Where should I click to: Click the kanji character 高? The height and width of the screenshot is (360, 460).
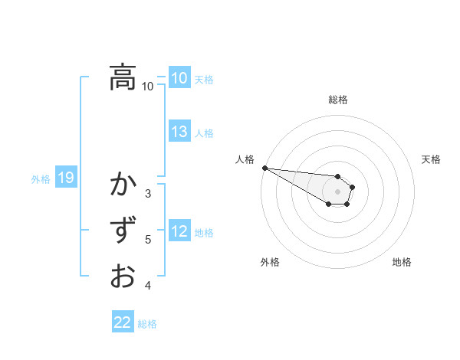click(123, 77)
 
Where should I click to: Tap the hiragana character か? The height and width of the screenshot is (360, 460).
click(123, 185)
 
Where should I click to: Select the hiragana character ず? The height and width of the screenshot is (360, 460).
click(123, 230)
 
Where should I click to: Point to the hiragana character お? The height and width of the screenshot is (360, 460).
click(123, 275)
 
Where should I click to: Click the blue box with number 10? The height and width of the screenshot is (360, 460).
click(179, 78)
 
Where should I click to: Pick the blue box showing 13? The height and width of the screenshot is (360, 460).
click(179, 132)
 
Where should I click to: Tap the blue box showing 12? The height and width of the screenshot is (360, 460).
click(179, 232)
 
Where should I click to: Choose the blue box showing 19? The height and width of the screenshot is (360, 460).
click(65, 178)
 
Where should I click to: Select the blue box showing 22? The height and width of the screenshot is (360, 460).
click(123, 322)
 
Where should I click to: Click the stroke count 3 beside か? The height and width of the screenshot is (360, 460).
click(148, 194)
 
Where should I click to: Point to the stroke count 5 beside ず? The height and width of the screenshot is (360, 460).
click(148, 240)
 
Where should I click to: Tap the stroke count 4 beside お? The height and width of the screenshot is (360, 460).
click(148, 286)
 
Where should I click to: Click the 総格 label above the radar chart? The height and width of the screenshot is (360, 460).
click(338, 100)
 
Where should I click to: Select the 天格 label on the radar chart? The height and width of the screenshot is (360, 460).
click(431, 159)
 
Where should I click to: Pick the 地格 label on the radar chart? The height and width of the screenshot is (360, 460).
click(402, 262)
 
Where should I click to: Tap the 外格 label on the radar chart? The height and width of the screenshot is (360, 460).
click(270, 262)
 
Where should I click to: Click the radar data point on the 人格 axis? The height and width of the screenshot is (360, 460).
click(264, 168)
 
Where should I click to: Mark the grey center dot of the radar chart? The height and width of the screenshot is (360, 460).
click(338, 191)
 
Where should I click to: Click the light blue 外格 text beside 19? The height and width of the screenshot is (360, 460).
click(41, 179)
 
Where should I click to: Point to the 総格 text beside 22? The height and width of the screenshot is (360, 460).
click(147, 324)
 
